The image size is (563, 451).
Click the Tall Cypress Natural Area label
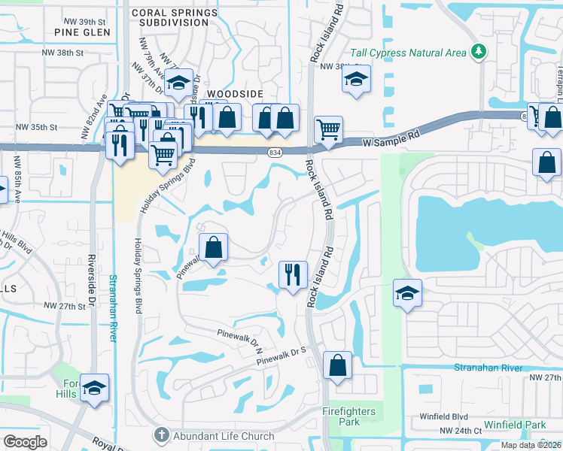407,53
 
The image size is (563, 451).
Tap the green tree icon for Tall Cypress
476,52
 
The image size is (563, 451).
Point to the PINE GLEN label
82,32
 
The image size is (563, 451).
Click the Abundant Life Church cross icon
160,434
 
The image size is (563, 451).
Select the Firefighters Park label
351,416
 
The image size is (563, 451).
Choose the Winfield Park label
516,425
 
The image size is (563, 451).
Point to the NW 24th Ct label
461,431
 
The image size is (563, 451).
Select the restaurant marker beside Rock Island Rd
292,274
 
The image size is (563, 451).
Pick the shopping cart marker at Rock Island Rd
328,130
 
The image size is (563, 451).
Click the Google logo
25,441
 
